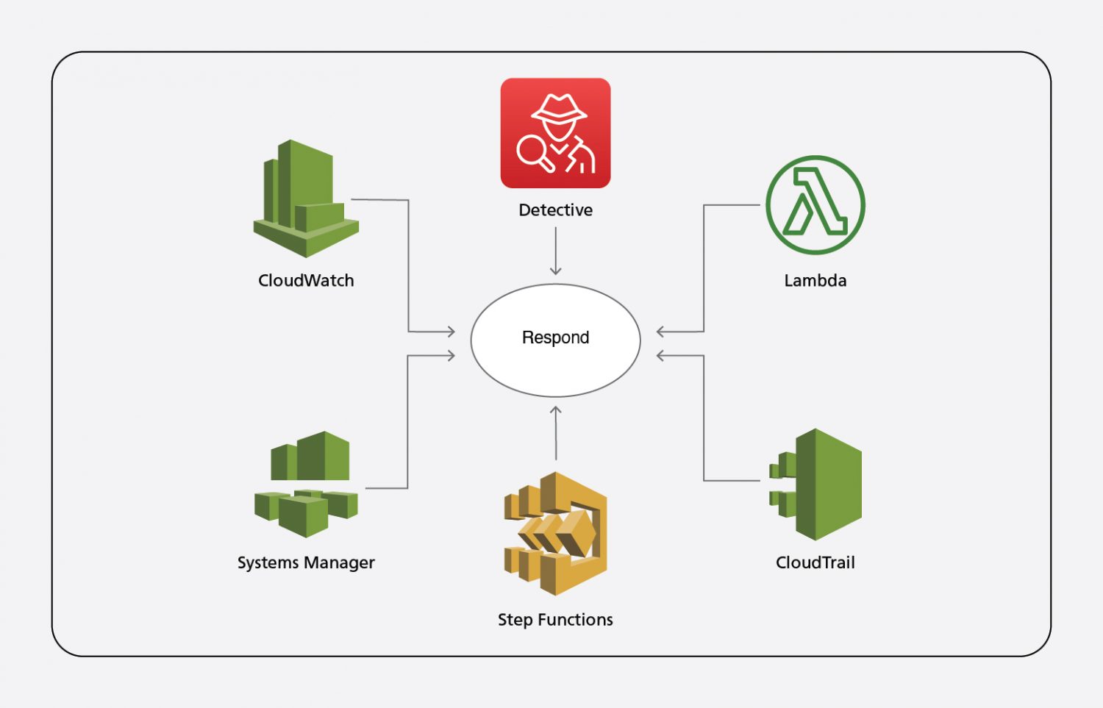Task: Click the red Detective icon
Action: click(x=555, y=133)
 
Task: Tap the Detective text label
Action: click(x=555, y=210)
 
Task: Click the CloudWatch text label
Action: click(x=306, y=281)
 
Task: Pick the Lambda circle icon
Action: click(x=815, y=205)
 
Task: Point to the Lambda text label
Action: click(x=815, y=281)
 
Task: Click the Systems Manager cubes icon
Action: click(x=306, y=484)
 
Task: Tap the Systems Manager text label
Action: click(x=306, y=562)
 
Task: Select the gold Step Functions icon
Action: click(x=555, y=533)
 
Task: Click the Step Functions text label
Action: click(x=555, y=620)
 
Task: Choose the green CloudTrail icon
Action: click(x=815, y=484)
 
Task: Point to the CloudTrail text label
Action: click(x=815, y=562)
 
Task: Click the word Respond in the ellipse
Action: click(x=555, y=337)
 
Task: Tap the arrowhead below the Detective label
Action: click(x=555, y=270)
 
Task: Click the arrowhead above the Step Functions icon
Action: click(x=556, y=411)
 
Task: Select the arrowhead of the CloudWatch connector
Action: click(x=450, y=332)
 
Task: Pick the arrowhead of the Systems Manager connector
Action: click(x=450, y=356)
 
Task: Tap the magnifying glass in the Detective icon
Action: click(x=532, y=152)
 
